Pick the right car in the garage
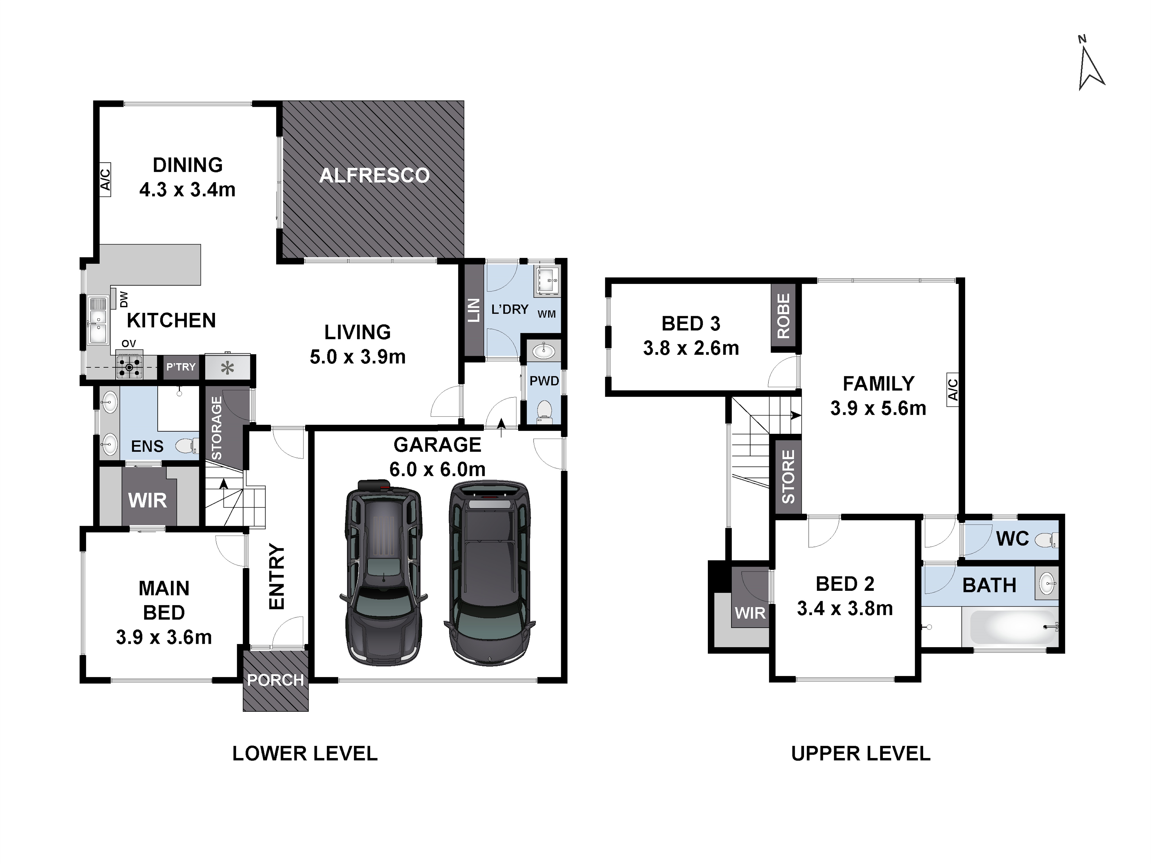click(x=489, y=573)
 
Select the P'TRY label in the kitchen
click(x=180, y=367)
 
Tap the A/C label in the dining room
click(x=105, y=179)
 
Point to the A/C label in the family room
click(x=952, y=389)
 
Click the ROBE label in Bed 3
click(x=783, y=316)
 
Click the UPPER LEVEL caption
click(x=861, y=754)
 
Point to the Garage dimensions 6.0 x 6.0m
click(x=437, y=470)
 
